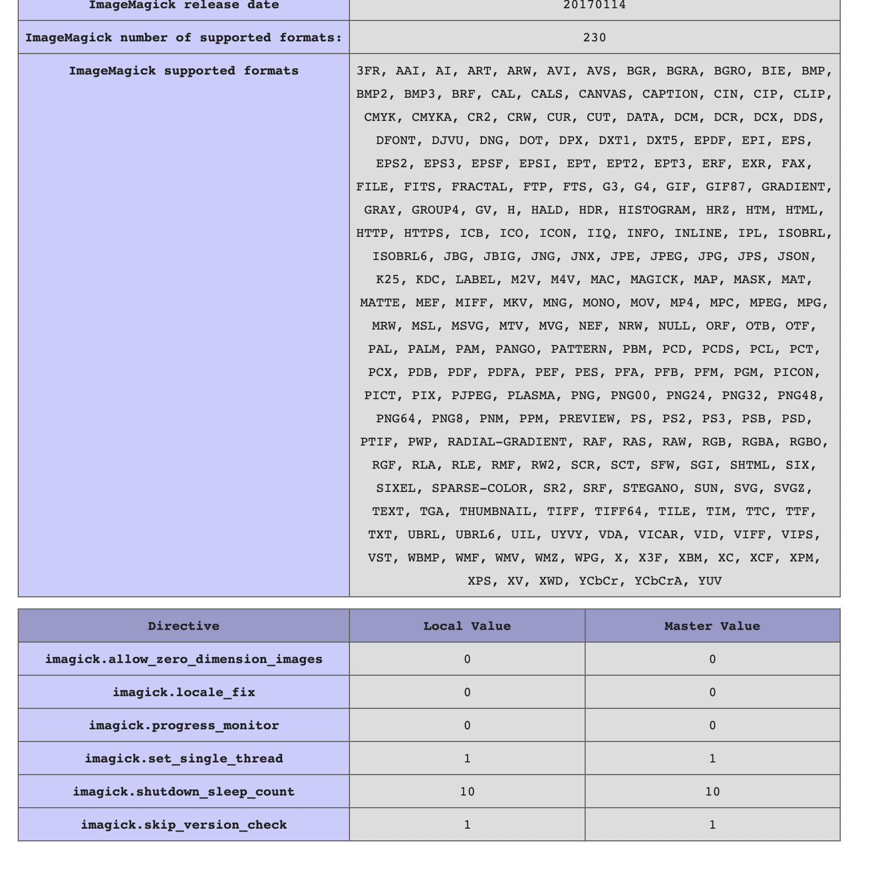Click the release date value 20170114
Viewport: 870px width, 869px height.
595,6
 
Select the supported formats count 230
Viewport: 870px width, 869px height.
595,38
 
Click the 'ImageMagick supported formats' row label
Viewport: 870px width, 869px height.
184,71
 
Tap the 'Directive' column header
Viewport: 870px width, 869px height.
184,626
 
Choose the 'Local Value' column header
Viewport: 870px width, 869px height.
467,626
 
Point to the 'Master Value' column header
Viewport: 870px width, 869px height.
712,626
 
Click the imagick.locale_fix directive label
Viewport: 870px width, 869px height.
184,692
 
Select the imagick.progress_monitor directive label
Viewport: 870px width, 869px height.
184,725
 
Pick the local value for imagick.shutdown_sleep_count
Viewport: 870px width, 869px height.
467,792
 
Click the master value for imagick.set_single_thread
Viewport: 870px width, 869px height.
712,759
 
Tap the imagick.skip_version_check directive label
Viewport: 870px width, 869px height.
184,825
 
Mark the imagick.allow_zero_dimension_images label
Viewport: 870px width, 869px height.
184,659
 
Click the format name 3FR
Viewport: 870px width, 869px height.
368,71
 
